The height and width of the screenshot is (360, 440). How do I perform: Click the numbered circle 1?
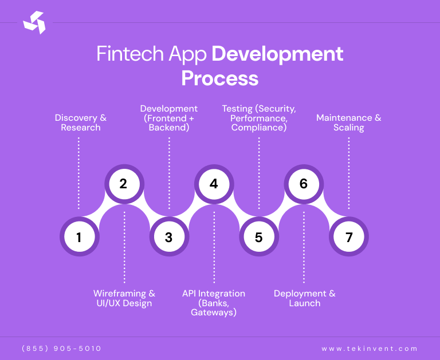(x=79, y=236)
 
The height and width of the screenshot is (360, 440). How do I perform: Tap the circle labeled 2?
(x=124, y=184)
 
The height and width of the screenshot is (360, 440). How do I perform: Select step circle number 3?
(x=168, y=236)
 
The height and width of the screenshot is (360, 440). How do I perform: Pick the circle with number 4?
(x=214, y=184)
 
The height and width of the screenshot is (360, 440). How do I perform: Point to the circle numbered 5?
(x=258, y=236)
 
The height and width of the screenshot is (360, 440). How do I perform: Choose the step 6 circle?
(x=304, y=184)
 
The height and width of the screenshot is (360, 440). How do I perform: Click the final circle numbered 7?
(x=349, y=236)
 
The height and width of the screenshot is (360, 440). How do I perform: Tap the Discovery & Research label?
(x=81, y=122)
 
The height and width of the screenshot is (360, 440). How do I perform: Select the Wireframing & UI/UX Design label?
(x=124, y=298)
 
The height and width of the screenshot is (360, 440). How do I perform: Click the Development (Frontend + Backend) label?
(x=169, y=118)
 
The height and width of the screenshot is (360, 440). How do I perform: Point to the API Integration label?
(x=214, y=303)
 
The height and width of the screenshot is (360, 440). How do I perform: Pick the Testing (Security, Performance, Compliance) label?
(x=259, y=118)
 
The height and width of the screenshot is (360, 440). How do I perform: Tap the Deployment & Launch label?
(x=305, y=298)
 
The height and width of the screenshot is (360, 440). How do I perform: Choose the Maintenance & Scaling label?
(x=349, y=122)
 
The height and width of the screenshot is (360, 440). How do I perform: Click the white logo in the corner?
(x=34, y=22)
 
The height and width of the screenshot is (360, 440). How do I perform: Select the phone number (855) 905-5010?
(x=61, y=349)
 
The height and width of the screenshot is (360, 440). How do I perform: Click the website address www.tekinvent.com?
(x=370, y=349)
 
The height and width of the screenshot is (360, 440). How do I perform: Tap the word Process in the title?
(x=220, y=78)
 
